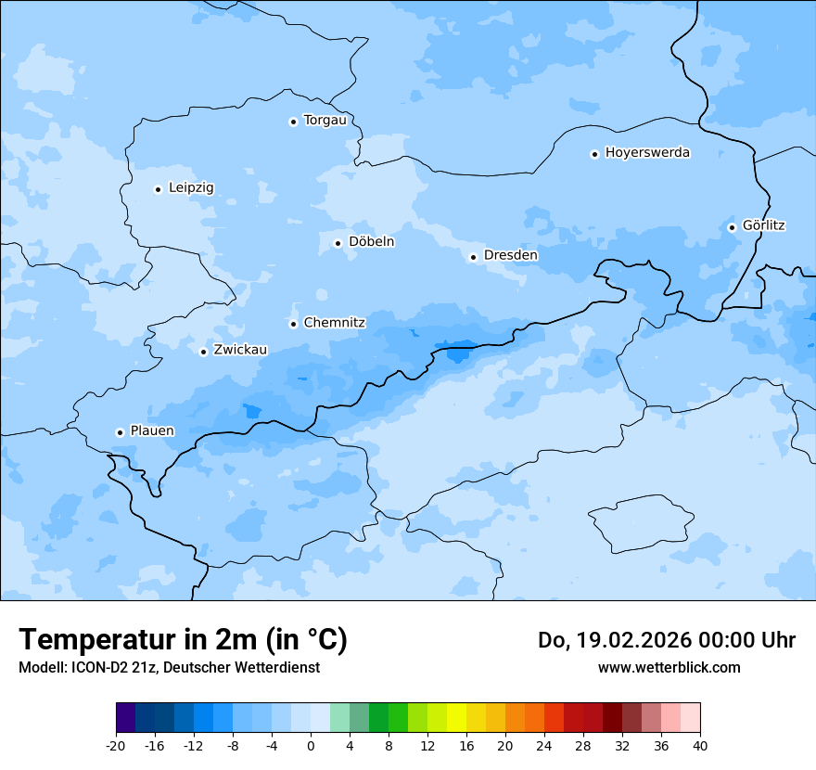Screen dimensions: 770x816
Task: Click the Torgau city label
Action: coord(325,121)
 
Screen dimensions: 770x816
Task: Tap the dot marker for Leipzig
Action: coord(158,189)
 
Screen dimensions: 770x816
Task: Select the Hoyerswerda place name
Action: coord(647,153)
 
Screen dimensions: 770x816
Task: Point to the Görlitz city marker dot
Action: coord(732,227)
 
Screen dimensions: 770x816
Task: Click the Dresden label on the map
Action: coord(510,255)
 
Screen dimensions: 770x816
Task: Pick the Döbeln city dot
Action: coord(338,243)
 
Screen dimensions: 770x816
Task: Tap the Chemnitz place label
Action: coord(334,323)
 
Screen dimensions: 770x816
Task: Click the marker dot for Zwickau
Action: coord(203,352)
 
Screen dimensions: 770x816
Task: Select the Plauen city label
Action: coord(152,431)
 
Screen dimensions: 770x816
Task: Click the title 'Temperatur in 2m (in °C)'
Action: coord(183,639)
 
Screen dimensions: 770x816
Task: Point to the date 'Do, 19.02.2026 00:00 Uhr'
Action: coord(666,640)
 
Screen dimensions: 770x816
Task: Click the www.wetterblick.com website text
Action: coord(669,667)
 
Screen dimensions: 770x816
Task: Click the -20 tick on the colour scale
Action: coord(116,745)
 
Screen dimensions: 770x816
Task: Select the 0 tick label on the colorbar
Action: coord(311,745)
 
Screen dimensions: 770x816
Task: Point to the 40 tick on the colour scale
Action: coord(700,745)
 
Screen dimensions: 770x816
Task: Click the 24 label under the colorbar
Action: coord(544,745)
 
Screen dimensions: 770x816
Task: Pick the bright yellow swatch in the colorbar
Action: coord(456,718)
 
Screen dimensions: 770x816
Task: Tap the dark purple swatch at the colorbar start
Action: coord(125,718)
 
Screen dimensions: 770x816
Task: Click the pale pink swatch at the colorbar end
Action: coord(690,718)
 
